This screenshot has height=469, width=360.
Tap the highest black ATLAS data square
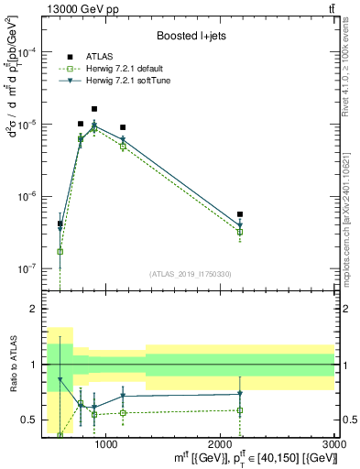(94, 109)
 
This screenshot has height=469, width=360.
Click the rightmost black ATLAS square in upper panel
(240, 214)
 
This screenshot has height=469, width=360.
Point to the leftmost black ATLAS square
(60, 224)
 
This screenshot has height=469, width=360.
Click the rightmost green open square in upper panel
(240, 232)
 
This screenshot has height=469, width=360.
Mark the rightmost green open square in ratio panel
(240, 410)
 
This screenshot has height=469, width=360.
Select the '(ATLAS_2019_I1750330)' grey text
(191, 273)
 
